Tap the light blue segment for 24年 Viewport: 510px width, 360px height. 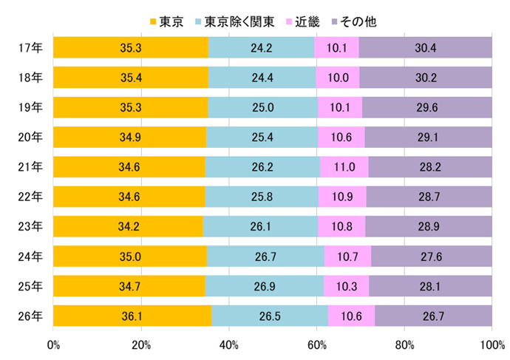click(266, 256)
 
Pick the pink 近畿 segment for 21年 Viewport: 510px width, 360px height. click(344, 167)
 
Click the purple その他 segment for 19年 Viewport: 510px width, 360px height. click(427, 108)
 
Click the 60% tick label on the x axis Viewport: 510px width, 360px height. click(317, 344)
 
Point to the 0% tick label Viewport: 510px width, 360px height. click(53, 344)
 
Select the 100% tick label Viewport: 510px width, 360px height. click(491, 344)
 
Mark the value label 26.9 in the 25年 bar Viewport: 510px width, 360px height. click(265, 285)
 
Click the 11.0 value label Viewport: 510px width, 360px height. click(344, 167)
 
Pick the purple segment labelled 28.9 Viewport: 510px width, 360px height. click(429, 226)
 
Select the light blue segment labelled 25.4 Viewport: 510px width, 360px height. click(262, 137)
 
